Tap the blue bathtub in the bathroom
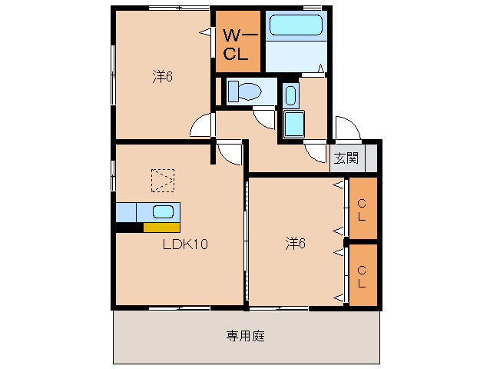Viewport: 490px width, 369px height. pyautogui.click(x=296, y=26)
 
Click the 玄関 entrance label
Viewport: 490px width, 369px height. pyautogui.click(x=346, y=158)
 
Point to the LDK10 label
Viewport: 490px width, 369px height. pyautogui.click(x=185, y=244)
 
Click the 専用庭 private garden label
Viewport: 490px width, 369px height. pyautogui.click(x=246, y=336)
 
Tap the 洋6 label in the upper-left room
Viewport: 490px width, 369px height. pyautogui.click(x=162, y=77)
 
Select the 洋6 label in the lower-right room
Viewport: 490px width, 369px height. pyautogui.click(x=296, y=244)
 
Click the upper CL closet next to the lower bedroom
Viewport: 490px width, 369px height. pyautogui.click(x=363, y=208)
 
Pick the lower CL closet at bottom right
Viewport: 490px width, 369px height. pyautogui.click(x=363, y=275)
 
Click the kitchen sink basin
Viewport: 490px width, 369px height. pyautogui.click(x=163, y=211)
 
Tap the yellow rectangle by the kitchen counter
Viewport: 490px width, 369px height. pyautogui.click(x=161, y=227)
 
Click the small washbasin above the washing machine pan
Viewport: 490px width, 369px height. pyautogui.click(x=290, y=96)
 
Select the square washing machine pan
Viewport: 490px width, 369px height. pyautogui.click(x=294, y=124)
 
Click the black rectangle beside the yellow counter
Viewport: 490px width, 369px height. pyautogui.click(x=128, y=227)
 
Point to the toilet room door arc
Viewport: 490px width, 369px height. pyautogui.click(x=265, y=118)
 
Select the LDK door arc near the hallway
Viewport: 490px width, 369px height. pyautogui.click(x=230, y=152)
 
